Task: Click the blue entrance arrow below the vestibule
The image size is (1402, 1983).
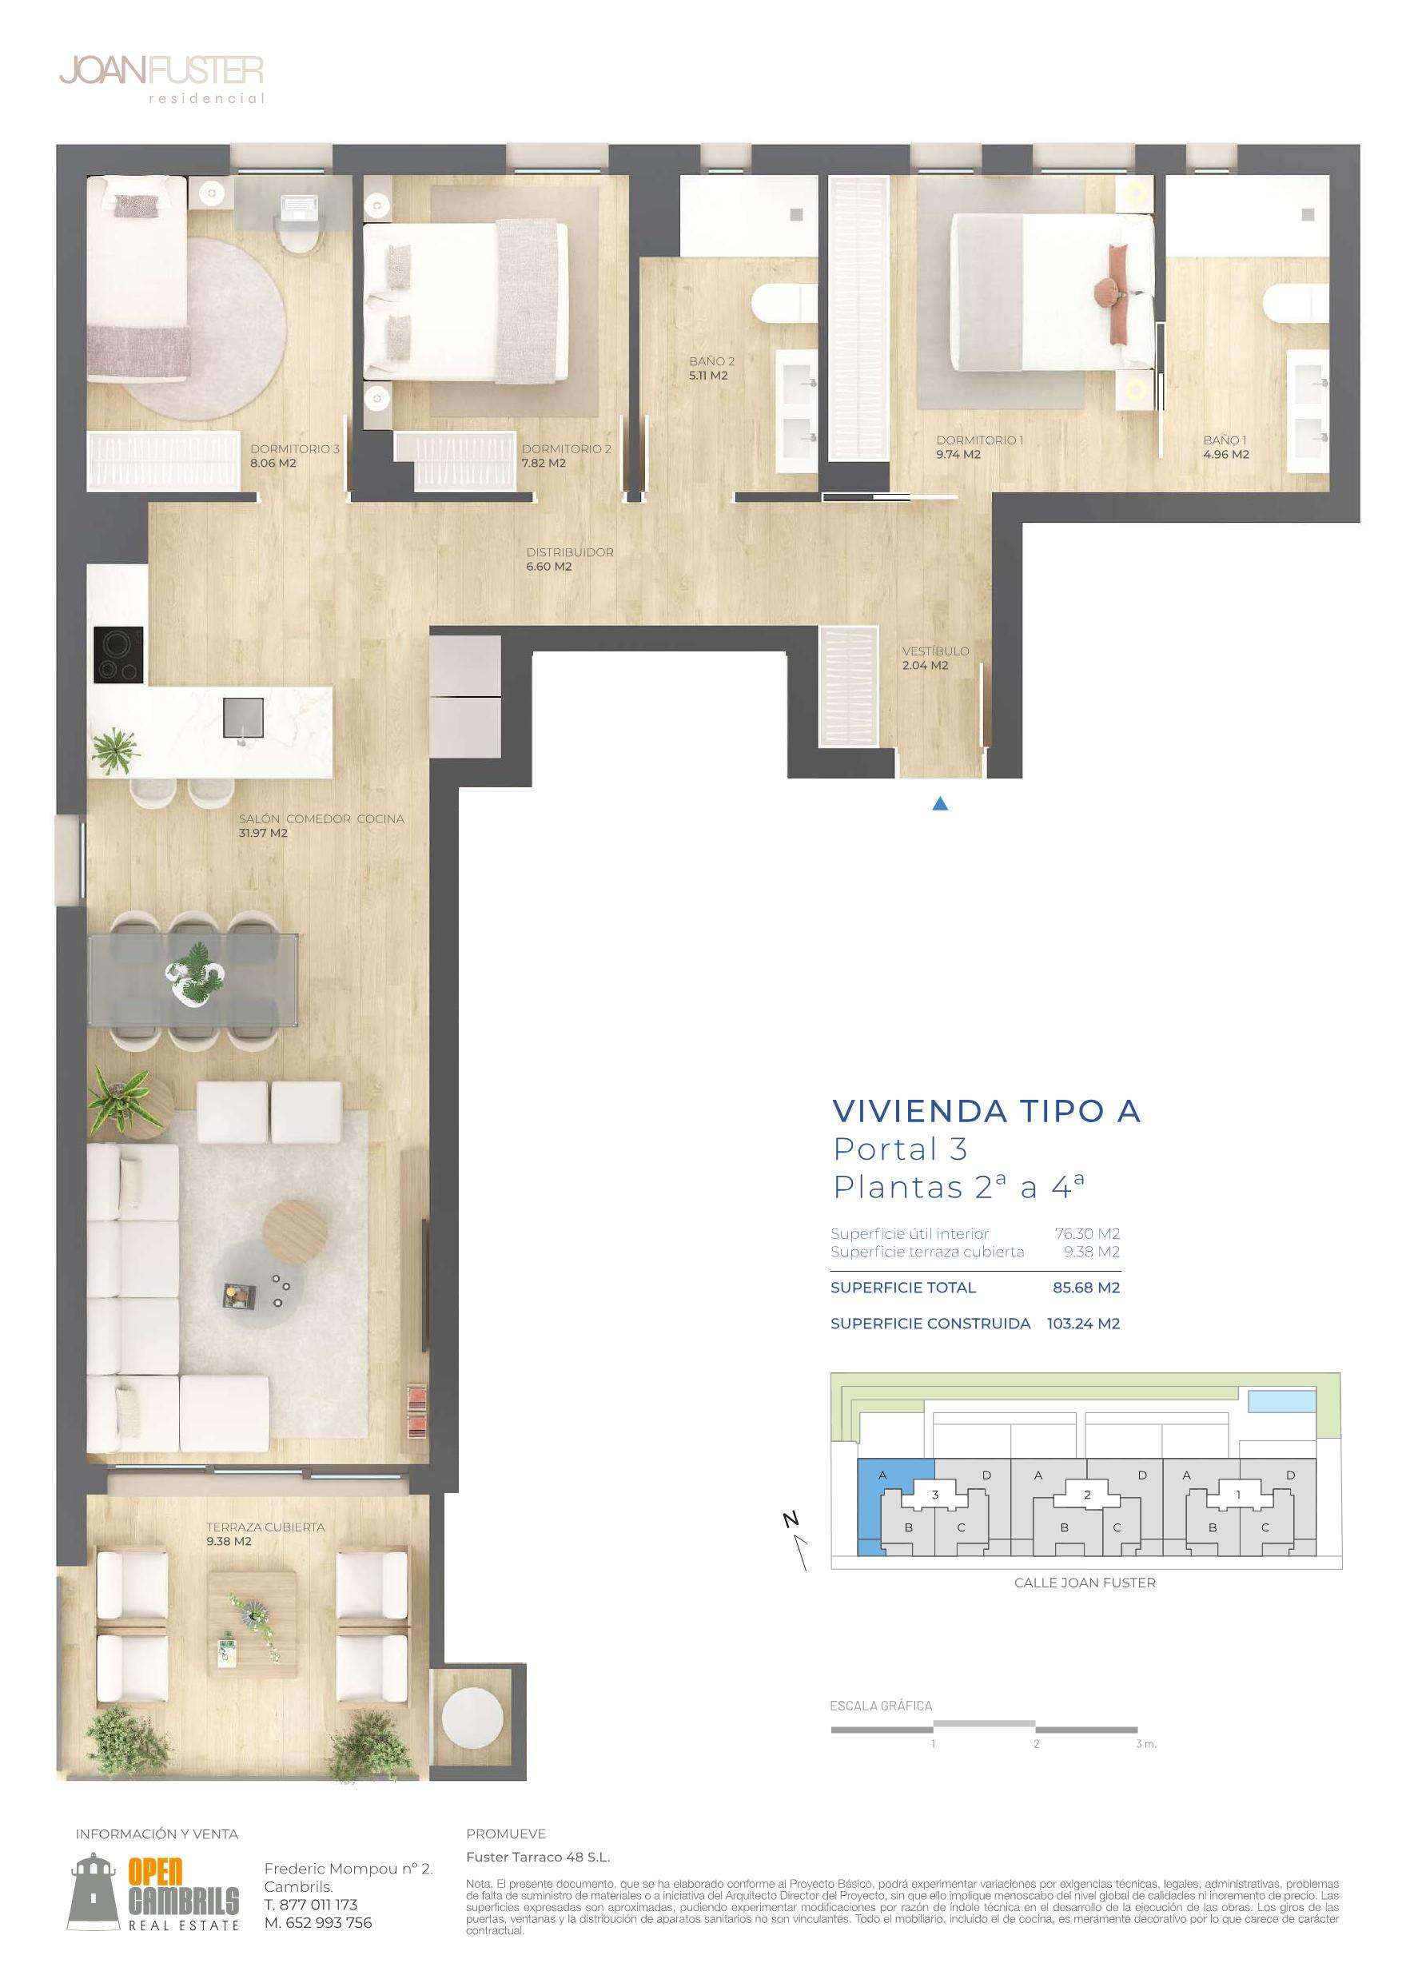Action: [941, 803]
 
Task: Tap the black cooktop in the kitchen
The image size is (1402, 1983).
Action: [119, 655]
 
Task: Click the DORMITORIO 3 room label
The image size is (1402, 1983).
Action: [295, 449]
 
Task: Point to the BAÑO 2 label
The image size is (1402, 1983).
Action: [712, 361]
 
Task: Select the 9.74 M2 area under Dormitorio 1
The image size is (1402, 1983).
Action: [958, 454]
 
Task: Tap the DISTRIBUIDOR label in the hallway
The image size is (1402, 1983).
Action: [570, 551]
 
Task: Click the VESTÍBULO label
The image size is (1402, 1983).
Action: [935, 651]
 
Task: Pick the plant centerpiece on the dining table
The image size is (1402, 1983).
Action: [195, 972]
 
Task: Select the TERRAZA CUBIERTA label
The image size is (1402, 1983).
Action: [265, 1527]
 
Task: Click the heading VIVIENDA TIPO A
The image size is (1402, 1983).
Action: [986, 1111]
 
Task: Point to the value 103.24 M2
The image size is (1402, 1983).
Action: [1083, 1323]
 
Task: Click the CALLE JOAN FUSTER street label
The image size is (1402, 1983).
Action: [1084, 1583]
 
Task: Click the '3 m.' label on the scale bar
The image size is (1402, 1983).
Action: [1145, 1744]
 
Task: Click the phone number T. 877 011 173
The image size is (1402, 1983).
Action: [310, 1905]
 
